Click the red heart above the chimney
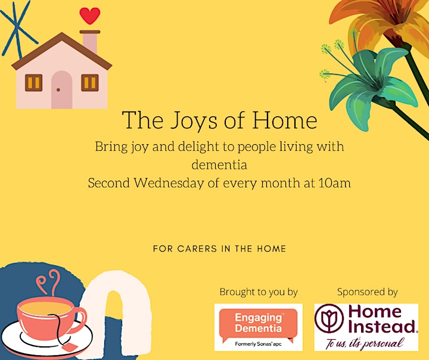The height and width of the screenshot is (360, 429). pos(90,15)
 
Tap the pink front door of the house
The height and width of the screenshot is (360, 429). pos(61,90)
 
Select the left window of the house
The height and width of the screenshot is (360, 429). pos(33,83)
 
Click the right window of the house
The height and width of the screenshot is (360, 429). pos(90,83)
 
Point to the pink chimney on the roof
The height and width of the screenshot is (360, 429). pos(90,42)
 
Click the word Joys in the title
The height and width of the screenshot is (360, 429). pos(194,121)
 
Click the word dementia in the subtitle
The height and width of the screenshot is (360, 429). pos(219,165)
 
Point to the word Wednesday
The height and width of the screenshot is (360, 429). pos(169,182)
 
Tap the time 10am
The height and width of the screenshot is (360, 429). pos(335,183)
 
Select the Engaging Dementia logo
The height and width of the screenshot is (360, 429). pos(258,327)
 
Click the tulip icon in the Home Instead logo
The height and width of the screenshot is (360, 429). pos(329,318)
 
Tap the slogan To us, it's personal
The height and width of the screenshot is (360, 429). pos(365,343)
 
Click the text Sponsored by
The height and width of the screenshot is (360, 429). pos(367,293)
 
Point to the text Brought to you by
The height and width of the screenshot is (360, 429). pos(259,293)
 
